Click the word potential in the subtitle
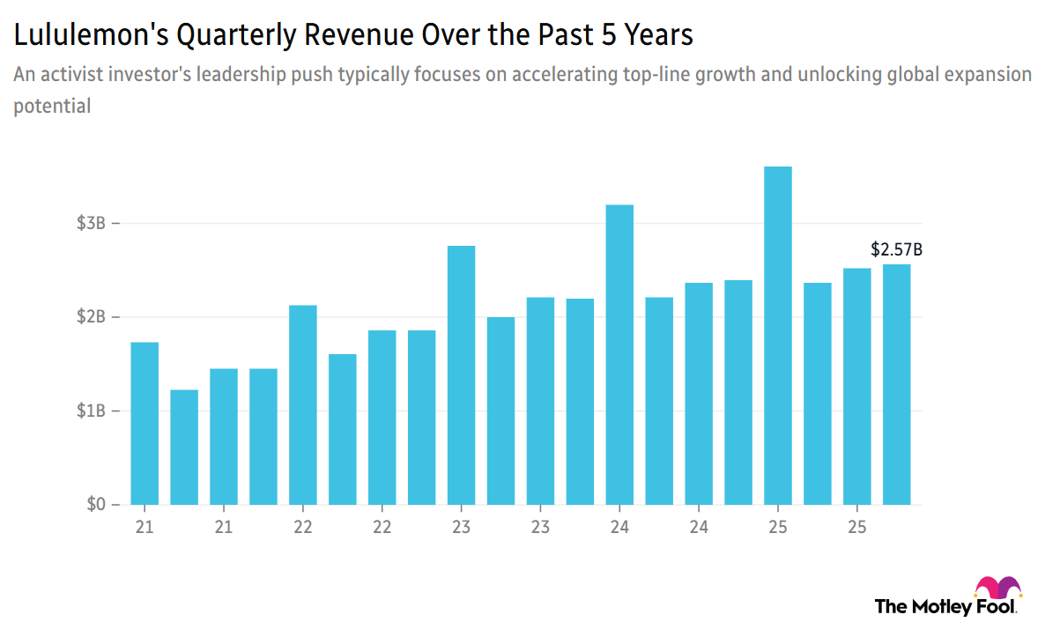pyautogui.click(x=52, y=107)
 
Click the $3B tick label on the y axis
pyautogui.click(x=91, y=224)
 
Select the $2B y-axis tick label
pyautogui.click(x=91, y=317)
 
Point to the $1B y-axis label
pyautogui.click(x=91, y=411)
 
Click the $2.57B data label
pyautogui.click(x=896, y=249)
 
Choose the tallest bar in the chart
pyautogui.click(x=777, y=336)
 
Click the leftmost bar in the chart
pyautogui.click(x=145, y=423)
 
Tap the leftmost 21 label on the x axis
pyautogui.click(x=145, y=528)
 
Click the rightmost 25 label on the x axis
pyautogui.click(x=856, y=528)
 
